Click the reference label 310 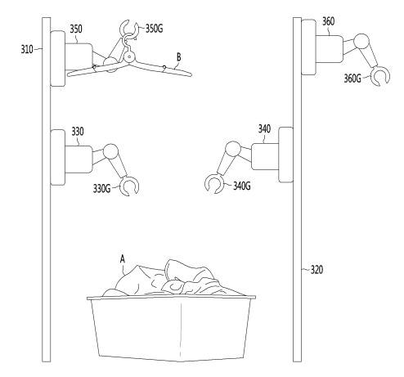click(27, 50)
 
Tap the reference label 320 click(317, 270)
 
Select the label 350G click(155, 29)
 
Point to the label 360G click(352, 79)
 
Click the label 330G click(101, 188)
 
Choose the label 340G click(242, 186)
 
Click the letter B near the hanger click(179, 57)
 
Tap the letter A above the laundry click(123, 258)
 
